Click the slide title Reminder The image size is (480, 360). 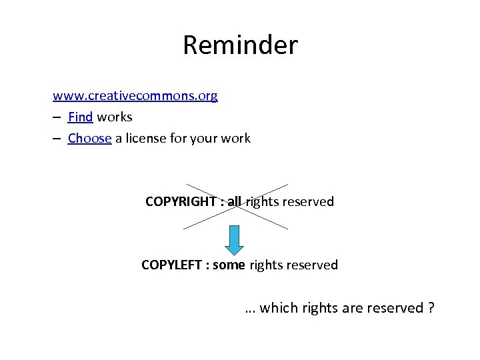(x=240, y=45)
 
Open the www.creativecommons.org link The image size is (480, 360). (x=135, y=96)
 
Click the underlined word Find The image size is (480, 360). (x=80, y=117)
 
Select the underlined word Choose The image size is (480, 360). (x=89, y=139)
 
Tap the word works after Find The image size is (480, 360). (x=115, y=117)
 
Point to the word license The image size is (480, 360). (x=158, y=139)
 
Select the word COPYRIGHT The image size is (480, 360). (x=179, y=201)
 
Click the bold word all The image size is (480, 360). (x=234, y=201)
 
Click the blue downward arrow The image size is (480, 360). (x=235, y=239)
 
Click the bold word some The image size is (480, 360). (x=229, y=265)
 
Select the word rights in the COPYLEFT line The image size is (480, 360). (x=265, y=265)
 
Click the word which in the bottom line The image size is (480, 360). (x=279, y=308)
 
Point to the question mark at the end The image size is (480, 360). (x=431, y=308)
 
